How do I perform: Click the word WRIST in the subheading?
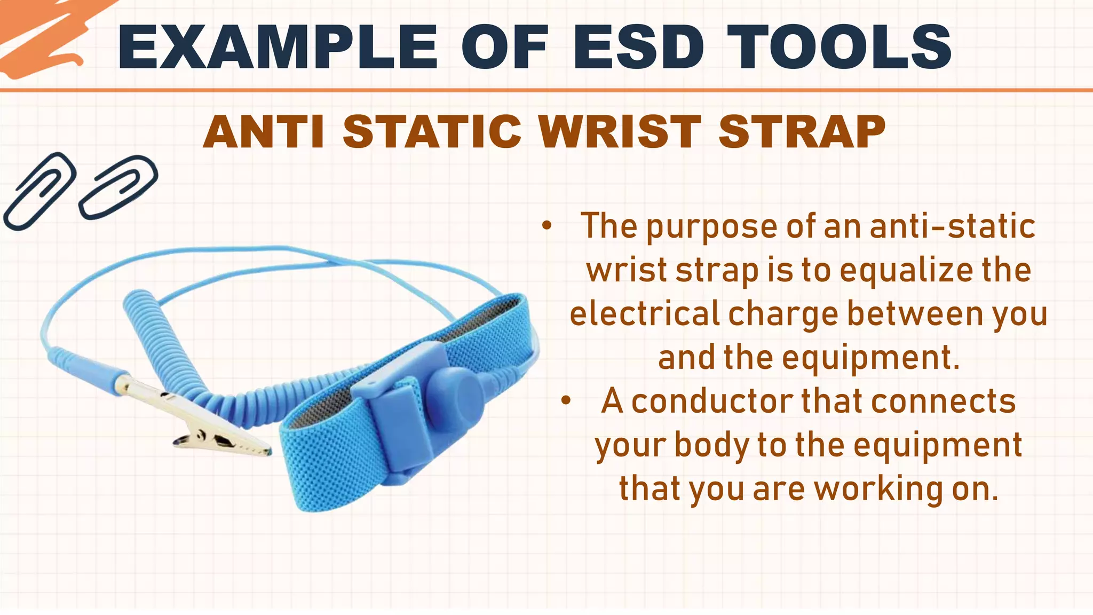click(620, 132)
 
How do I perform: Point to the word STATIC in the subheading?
click(432, 132)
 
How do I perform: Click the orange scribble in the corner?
click(43, 37)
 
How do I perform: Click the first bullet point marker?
click(546, 226)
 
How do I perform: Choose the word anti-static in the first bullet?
click(953, 226)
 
